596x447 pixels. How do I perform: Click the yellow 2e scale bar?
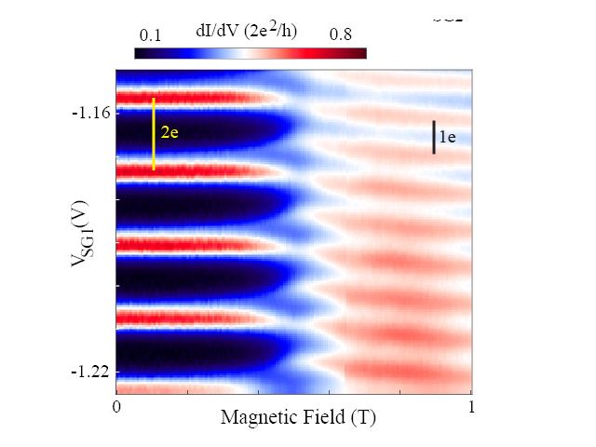click(154, 133)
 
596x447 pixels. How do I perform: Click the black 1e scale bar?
click(434, 137)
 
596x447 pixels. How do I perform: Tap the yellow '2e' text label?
click(169, 133)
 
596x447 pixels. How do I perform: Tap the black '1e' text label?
click(447, 137)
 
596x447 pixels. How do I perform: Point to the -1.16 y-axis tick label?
click(91, 113)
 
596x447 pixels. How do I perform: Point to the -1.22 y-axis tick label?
click(91, 372)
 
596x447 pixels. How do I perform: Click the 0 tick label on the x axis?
click(116, 408)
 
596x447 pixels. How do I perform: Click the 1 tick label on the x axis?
click(471, 408)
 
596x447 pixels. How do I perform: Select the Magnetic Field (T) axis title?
click(298, 418)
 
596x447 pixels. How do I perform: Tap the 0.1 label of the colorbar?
click(150, 35)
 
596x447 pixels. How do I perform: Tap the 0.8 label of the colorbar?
click(340, 35)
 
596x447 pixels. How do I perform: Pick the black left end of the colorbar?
click(141, 53)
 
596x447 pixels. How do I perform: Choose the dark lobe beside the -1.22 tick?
click(186, 354)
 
